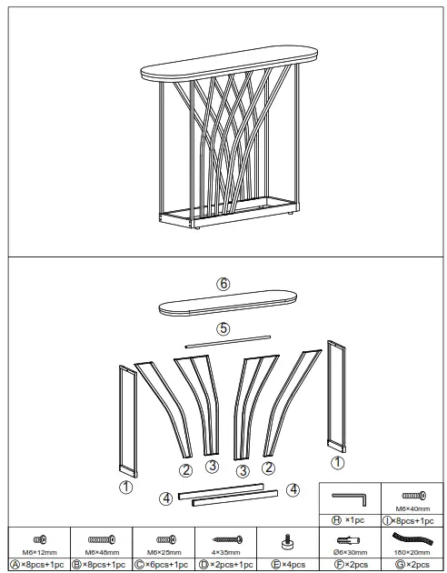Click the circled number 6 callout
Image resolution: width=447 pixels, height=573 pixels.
(x=223, y=284)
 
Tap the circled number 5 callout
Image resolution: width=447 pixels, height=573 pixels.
(x=223, y=328)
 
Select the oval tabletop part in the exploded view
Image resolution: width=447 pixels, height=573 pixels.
(x=227, y=305)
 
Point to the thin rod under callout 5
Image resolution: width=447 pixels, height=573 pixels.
(x=227, y=341)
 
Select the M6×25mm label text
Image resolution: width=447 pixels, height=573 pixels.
(x=163, y=552)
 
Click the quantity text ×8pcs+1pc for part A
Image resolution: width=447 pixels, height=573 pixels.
(x=38, y=565)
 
